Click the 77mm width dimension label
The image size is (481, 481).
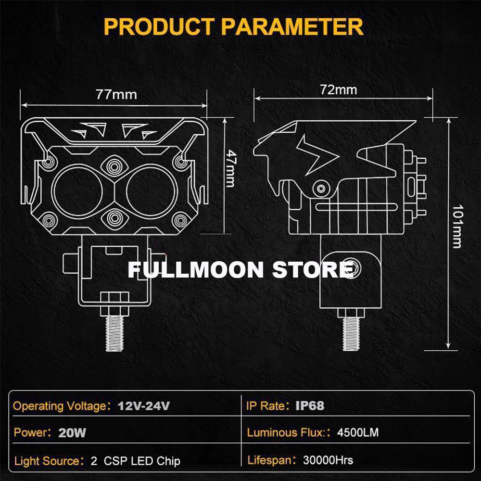116,94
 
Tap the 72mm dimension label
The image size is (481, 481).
338,90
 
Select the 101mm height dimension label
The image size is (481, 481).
457,227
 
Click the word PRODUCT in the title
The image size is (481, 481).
159,26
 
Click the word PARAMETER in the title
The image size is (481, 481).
292,26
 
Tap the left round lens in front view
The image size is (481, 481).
77,191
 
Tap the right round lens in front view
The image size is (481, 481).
152,191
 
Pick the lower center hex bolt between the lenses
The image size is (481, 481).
114,218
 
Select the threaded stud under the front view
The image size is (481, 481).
114,334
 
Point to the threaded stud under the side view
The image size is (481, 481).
351,334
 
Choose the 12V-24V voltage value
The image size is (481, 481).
143,406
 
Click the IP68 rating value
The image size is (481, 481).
310,406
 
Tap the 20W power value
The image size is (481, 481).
72,433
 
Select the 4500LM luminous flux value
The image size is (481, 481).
358,432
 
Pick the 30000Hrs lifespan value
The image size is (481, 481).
328,460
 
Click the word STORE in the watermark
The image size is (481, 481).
313,270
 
